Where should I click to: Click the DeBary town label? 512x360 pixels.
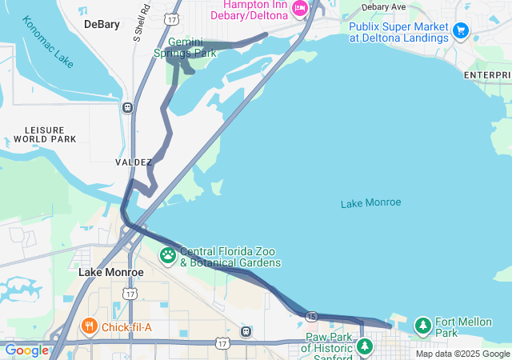[x=102, y=24]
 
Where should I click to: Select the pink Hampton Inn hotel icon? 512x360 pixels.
[x=300, y=9]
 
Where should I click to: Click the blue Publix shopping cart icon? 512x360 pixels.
[x=460, y=30]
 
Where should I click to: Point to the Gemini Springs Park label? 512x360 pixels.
[x=186, y=47]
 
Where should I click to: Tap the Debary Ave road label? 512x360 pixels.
[x=383, y=6]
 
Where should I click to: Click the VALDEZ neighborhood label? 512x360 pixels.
[x=134, y=162]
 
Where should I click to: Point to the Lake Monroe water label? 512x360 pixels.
[x=370, y=202]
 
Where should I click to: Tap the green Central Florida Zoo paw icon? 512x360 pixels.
[x=168, y=256]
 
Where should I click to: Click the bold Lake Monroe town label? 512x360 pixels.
[x=111, y=272]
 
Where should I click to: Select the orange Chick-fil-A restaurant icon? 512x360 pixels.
[x=89, y=326]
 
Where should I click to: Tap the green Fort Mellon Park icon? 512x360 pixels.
[x=422, y=326]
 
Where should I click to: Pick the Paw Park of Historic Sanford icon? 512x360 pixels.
[x=365, y=346]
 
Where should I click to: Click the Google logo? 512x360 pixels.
[x=26, y=350]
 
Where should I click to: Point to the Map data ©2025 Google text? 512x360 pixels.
[x=462, y=354]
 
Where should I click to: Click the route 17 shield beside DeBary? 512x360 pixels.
[x=171, y=18]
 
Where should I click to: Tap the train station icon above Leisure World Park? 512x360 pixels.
[x=127, y=107]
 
